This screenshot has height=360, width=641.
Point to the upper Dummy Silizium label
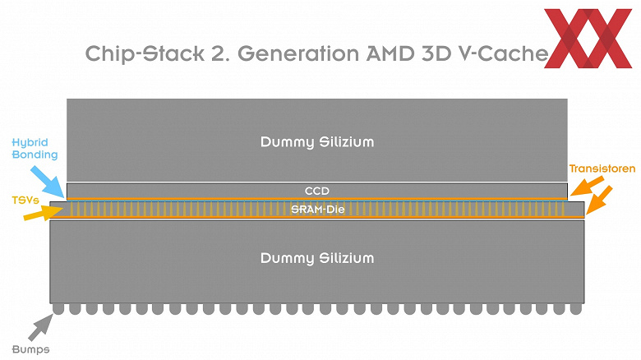coord(317,142)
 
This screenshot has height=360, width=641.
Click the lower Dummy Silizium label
coord(317,258)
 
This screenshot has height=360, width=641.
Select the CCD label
coord(317,191)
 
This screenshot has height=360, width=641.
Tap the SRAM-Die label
coord(317,210)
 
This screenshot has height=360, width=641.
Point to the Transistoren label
coord(602,169)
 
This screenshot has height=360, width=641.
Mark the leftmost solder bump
coord(58,308)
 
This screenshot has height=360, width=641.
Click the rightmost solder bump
coord(576,308)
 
